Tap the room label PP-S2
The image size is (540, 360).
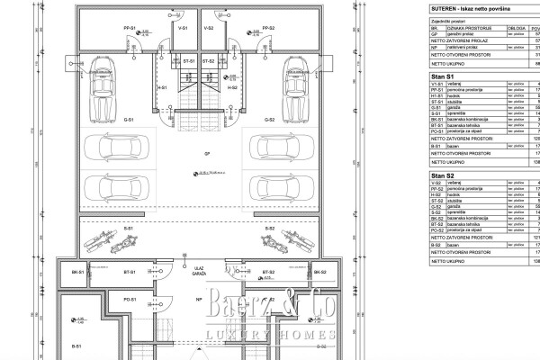click(267, 28)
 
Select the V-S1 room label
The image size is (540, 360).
click(182, 28)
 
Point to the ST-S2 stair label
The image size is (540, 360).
click(209, 62)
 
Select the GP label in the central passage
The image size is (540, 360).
click(196, 154)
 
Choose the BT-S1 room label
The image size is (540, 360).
click(130, 272)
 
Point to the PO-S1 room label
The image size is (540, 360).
click(130, 298)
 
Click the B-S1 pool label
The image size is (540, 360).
click(76, 345)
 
